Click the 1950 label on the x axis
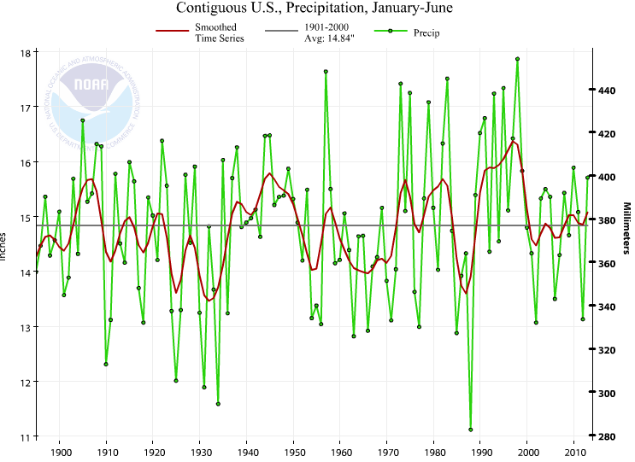[x=294, y=452]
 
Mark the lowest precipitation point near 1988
[x=471, y=430]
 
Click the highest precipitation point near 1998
[x=517, y=59]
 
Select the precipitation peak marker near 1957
[x=326, y=72]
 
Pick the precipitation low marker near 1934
[x=218, y=404]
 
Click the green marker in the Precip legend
[x=390, y=32]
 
